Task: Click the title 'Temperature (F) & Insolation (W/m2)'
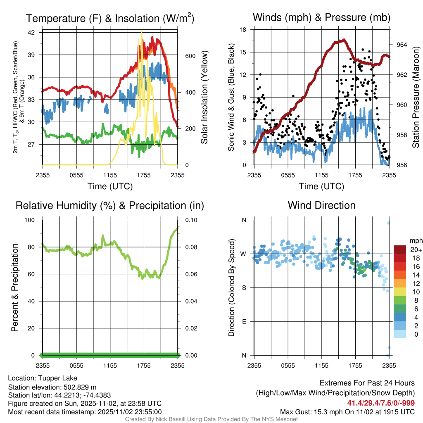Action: point(110,18)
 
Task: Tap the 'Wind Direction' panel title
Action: point(321,205)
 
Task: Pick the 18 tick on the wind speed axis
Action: point(243,30)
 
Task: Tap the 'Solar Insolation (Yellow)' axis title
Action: point(204,97)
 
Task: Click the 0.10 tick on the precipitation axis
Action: point(191,220)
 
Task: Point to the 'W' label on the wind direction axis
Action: point(244,254)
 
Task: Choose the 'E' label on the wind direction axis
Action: point(244,321)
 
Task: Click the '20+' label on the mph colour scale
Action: point(415,250)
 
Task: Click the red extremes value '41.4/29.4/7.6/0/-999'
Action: point(381,403)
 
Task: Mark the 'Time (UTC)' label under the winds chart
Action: point(321,186)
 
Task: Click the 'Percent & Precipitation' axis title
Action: point(14,287)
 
